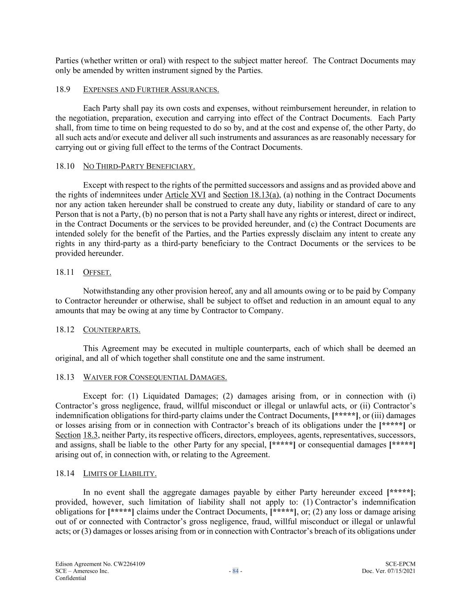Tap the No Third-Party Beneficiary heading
(139, 166)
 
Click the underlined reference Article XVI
(185, 195)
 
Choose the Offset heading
(97, 272)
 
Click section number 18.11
(65, 272)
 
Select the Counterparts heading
(112, 330)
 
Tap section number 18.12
(65, 330)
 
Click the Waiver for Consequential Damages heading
(155, 377)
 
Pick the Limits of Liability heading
(120, 473)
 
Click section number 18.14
(65, 473)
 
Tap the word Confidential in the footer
(71, 578)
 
